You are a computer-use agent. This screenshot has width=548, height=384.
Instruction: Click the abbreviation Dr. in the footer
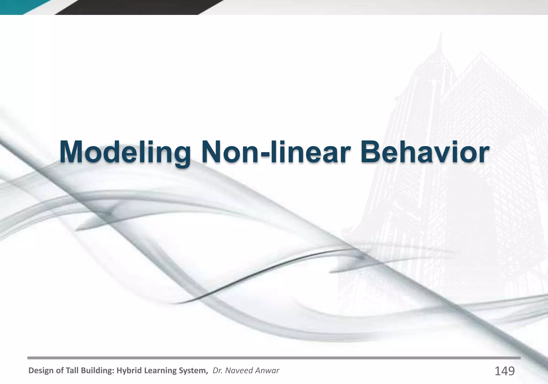[x=216, y=371]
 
